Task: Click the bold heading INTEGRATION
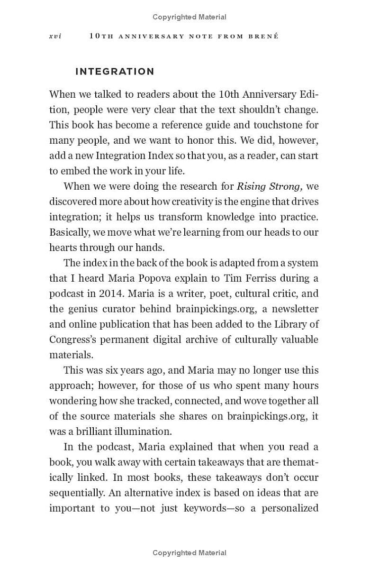(115, 72)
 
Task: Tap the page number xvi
(55, 37)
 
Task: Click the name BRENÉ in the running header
(263, 37)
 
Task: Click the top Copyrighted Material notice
(189, 17)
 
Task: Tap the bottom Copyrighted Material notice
(189, 553)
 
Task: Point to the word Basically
(72, 232)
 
